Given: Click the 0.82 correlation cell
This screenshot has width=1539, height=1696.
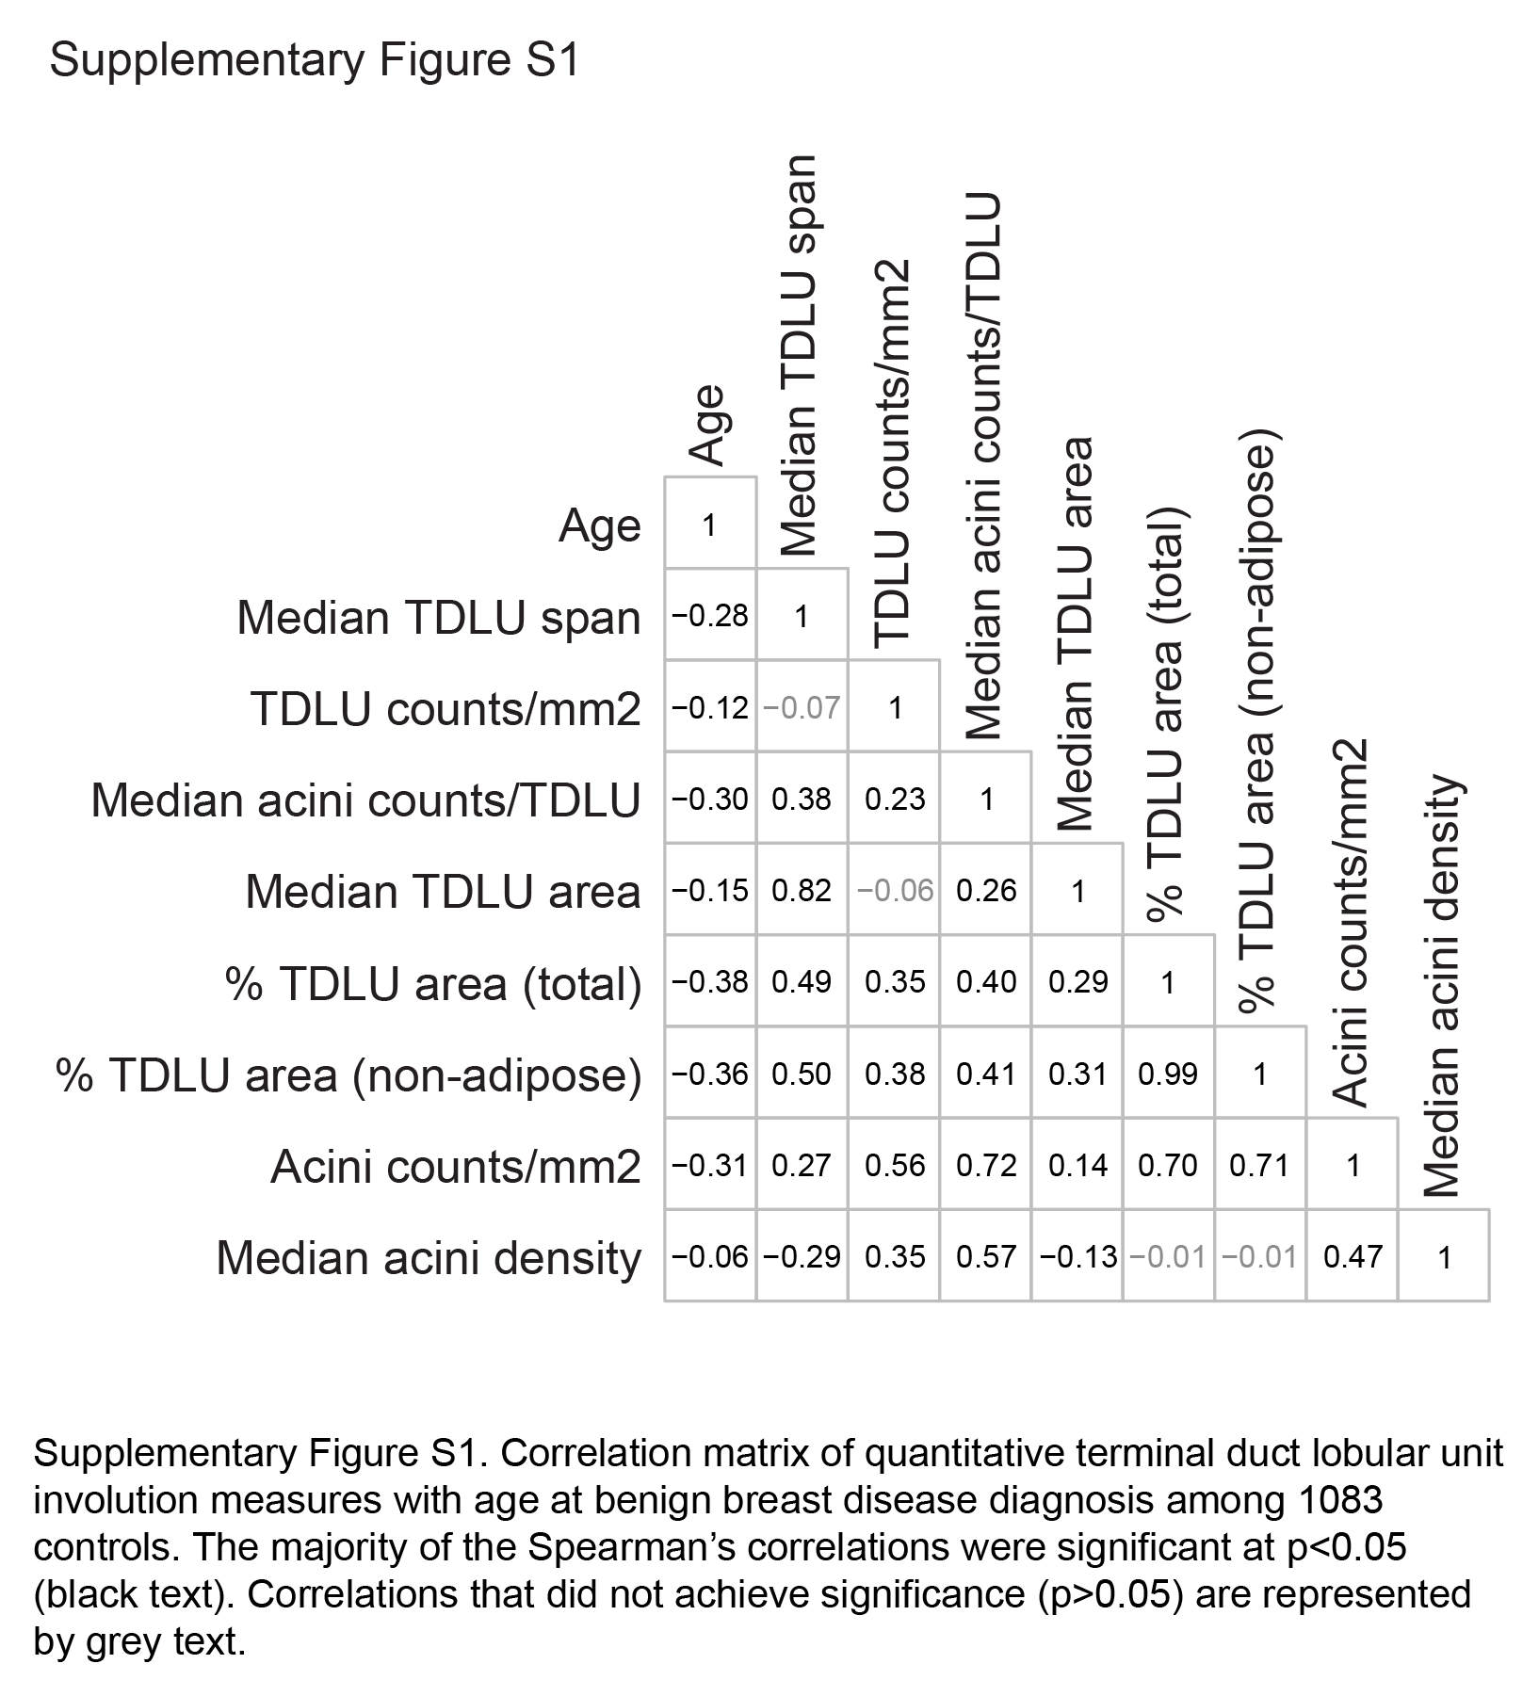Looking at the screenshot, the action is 802,890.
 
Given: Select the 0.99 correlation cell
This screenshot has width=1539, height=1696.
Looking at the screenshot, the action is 1168,1074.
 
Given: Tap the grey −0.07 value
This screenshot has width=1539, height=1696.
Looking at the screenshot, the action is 802,707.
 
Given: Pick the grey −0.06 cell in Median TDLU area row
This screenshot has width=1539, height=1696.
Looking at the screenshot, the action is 894,890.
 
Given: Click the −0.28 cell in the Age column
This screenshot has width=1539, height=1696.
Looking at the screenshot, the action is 710,616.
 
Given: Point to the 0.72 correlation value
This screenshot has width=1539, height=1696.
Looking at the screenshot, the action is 986,1165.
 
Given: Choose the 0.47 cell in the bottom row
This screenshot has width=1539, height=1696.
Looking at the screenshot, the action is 1353,1256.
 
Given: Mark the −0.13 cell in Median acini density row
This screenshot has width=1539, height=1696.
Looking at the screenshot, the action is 1077,1256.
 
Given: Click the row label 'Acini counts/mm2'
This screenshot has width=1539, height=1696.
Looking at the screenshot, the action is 456,1167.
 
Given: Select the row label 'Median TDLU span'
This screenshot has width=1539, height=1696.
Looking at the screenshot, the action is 439,618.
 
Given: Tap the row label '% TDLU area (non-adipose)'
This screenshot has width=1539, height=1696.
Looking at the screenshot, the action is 348,1075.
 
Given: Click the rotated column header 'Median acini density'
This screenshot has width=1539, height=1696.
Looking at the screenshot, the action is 1441,985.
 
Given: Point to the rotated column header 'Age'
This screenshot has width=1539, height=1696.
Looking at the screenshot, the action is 707,425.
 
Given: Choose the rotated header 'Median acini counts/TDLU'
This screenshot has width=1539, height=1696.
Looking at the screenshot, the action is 983,467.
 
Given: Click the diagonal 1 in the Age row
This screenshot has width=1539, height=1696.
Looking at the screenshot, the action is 710,525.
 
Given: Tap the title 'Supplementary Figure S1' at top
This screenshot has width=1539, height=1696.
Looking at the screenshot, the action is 315,61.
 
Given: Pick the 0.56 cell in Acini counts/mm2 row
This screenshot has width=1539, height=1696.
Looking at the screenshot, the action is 894,1165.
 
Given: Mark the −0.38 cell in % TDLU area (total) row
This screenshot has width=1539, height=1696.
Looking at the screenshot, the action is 710,982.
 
